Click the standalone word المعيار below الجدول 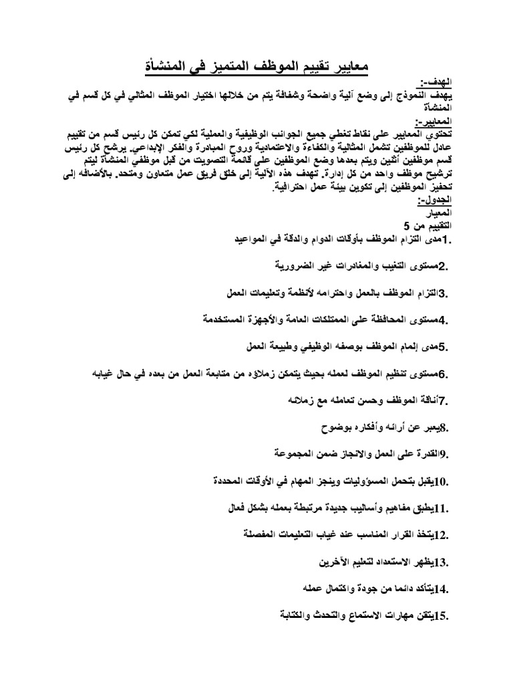click(441, 212)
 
